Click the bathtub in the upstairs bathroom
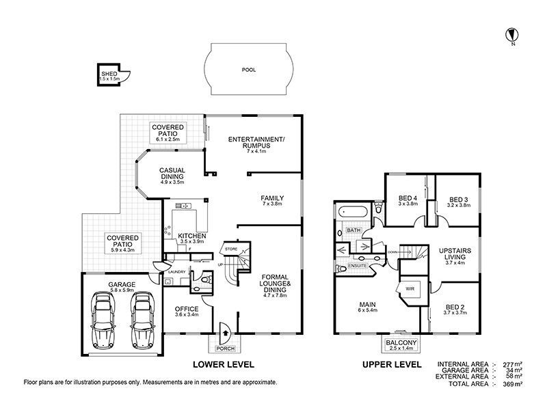(354, 213)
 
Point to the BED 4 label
(408, 200)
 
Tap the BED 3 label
(458, 200)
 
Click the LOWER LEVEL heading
(222, 365)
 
